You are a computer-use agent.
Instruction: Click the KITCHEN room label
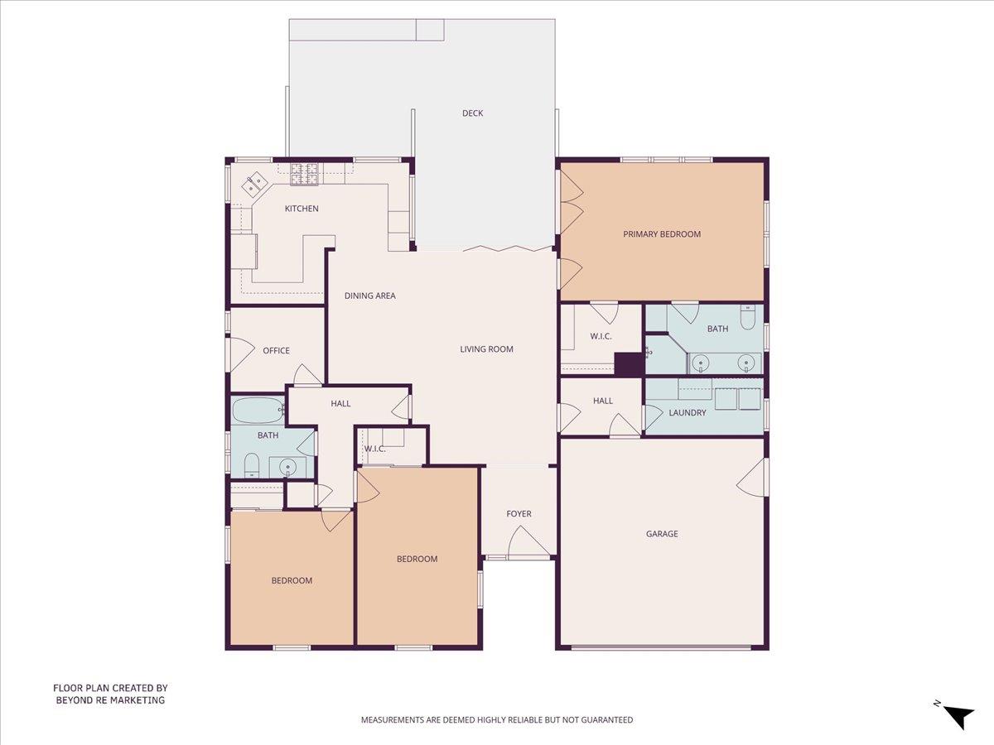tap(302, 209)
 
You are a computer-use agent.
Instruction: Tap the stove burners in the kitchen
tap(304, 174)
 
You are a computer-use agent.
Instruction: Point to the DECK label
tap(472, 113)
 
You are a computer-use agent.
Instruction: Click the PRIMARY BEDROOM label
tap(662, 234)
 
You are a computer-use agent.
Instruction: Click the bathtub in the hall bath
tap(258, 411)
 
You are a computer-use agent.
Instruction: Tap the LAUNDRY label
tap(687, 412)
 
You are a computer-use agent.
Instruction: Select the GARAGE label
tap(662, 534)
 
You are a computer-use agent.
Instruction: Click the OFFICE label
tap(276, 350)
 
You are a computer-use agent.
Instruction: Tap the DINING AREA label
tap(370, 296)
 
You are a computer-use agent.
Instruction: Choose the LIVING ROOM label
tap(486, 349)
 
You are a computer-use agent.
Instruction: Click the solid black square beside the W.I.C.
tap(629, 364)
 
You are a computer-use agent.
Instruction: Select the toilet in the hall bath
tap(251, 466)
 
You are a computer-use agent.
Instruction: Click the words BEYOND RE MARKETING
tap(110, 700)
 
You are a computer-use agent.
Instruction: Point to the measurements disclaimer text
tap(497, 719)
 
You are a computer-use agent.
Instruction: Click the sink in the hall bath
tap(287, 467)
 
